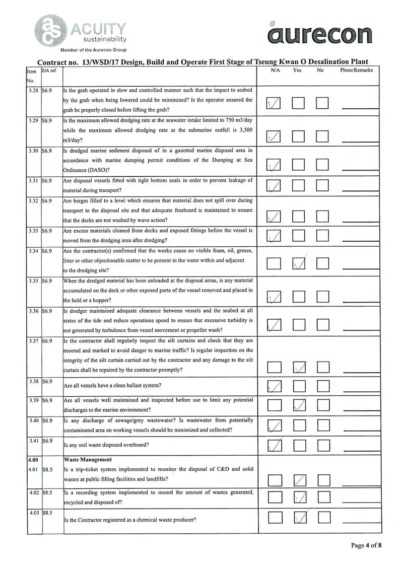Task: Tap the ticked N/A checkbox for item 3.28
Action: (x=274, y=104)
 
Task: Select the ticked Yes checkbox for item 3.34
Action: (x=299, y=263)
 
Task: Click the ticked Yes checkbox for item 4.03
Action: (x=299, y=517)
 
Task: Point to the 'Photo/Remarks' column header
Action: (x=356, y=70)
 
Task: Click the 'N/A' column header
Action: (x=275, y=70)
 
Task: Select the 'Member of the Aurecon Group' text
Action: (x=93, y=50)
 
